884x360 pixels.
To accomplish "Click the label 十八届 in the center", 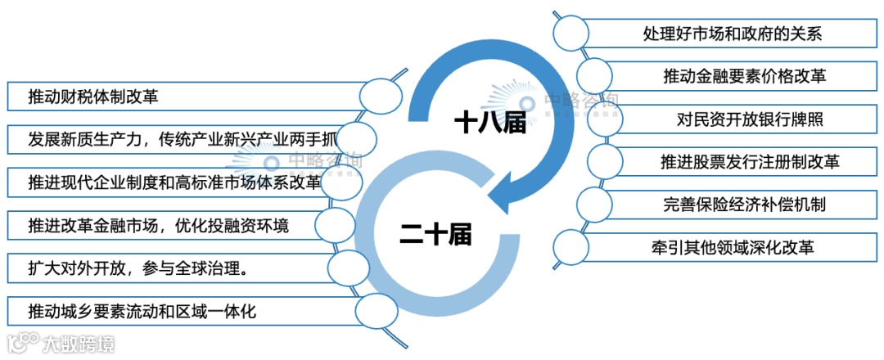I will pyautogui.click(x=489, y=123).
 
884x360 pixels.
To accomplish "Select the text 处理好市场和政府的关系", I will pyautogui.click(x=733, y=34).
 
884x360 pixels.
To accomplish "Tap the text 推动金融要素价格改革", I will pyautogui.click(x=743, y=76).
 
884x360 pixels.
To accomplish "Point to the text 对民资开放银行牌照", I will pyautogui.click(x=749, y=119).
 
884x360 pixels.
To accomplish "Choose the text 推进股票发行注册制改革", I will pyautogui.click(x=749, y=161).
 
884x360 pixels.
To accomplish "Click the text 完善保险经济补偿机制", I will pyautogui.click(x=744, y=204).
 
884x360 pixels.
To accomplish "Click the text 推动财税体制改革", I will pyautogui.click(x=92, y=96).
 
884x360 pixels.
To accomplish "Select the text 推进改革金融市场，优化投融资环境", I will pyautogui.click(x=158, y=224).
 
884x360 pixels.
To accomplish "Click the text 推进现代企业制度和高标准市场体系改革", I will pyautogui.click(x=174, y=182).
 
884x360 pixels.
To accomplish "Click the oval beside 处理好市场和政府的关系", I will pyautogui.click(x=571, y=33).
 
